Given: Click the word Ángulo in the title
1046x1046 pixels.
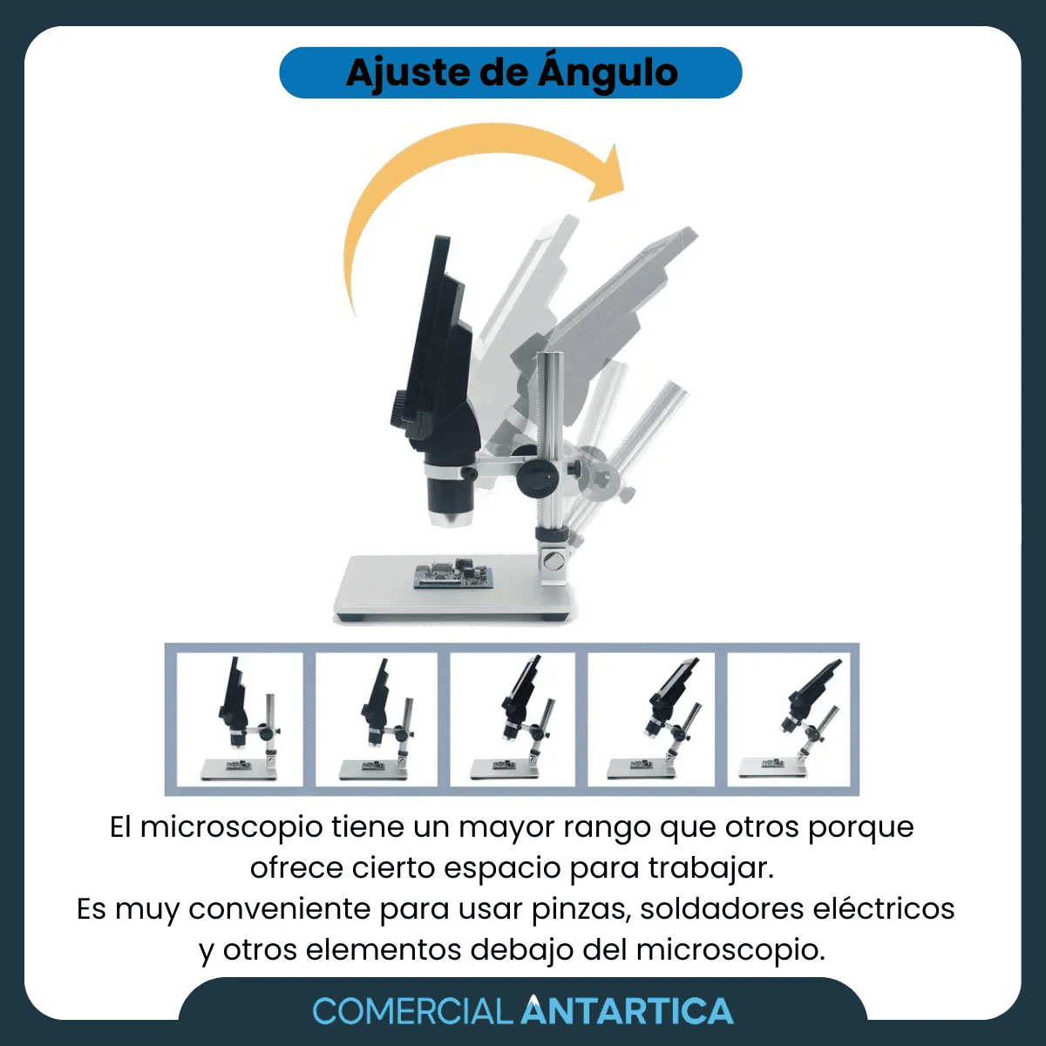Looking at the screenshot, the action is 608,73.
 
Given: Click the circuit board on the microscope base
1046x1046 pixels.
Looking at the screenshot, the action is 453,573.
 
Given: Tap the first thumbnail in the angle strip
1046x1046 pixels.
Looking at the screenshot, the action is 240,719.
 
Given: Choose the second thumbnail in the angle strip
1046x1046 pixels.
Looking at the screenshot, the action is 377,719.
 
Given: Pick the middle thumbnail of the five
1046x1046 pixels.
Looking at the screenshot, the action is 513,719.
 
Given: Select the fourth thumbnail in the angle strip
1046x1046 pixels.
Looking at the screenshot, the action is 651,719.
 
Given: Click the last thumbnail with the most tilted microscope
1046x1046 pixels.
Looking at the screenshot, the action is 789,719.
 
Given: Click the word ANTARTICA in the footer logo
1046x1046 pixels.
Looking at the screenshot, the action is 627,1010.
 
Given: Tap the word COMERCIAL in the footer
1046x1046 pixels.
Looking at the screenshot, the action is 412,1011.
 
